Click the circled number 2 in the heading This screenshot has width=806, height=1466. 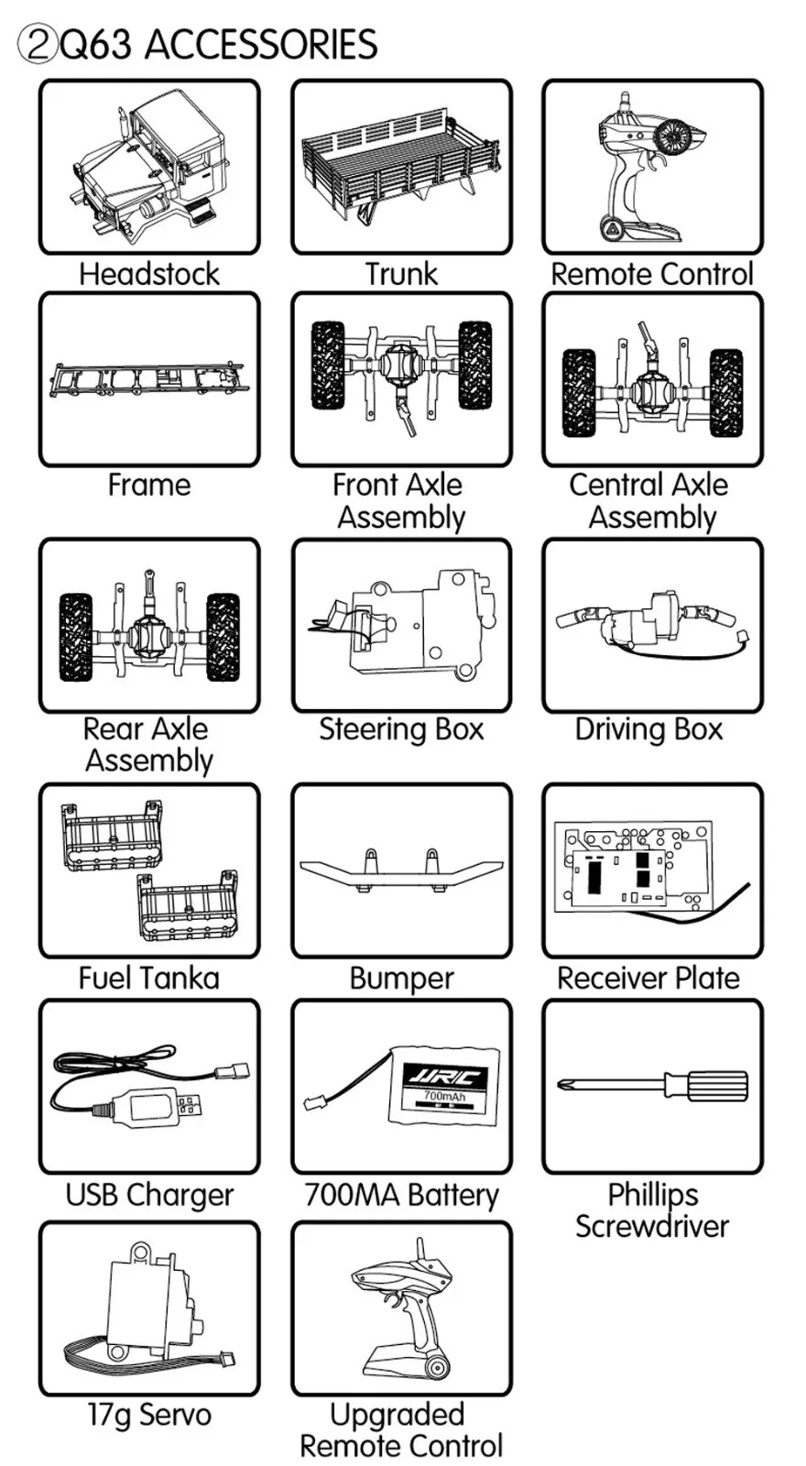point(37,45)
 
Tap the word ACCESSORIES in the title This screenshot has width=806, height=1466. point(261,45)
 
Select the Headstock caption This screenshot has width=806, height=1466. point(149,274)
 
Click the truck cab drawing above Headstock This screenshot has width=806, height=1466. point(149,168)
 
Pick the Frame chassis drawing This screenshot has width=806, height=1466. point(149,380)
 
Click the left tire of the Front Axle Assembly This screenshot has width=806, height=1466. point(328,365)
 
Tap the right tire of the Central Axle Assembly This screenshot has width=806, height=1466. point(726,393)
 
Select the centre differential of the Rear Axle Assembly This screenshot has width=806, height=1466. point(150,636)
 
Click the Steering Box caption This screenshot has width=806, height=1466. point(401,729)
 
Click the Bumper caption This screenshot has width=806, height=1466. point(401,979)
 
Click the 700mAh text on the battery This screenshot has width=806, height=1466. point(444,1096)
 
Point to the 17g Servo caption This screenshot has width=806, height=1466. point(149,1414)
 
